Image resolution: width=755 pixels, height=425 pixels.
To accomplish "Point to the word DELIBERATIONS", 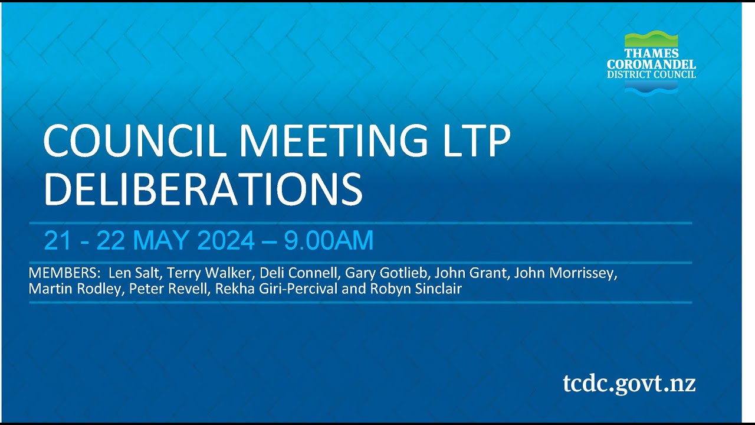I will pyautogui.click(x=203, y=189).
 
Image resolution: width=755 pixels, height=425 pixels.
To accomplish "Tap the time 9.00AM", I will pyautogui.click(x=329, y=241).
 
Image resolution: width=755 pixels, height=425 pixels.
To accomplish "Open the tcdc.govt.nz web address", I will pyautogui.click(x=629, y=383).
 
